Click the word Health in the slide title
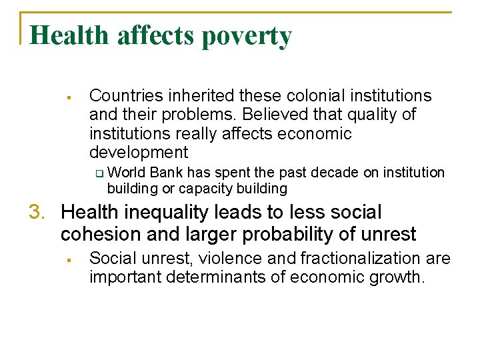click(70, 35)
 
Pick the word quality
click(371, 115)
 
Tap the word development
click(139, 152)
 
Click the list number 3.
click(36, 213)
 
